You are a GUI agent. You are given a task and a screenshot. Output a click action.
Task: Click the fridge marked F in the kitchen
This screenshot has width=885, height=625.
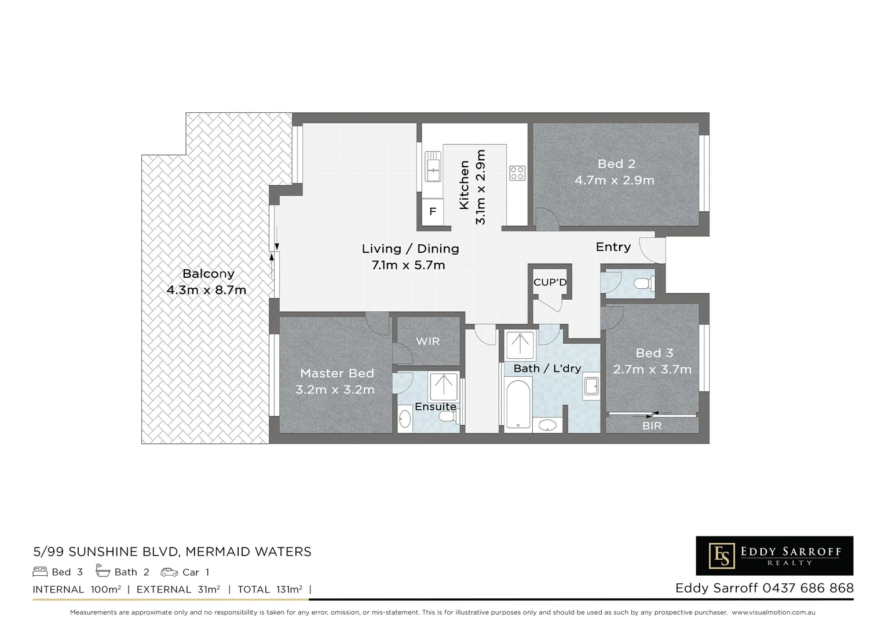tap(433, 212)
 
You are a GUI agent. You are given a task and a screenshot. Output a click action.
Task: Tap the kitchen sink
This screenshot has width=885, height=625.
tap(433, 167)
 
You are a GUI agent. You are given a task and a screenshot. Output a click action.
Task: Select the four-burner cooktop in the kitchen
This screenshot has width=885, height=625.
tap(517, 172)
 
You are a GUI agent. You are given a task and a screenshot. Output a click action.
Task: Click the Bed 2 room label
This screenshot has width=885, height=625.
tap(616, 164)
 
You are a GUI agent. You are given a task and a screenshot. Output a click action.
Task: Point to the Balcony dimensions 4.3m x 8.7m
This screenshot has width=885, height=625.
tap(206, 290)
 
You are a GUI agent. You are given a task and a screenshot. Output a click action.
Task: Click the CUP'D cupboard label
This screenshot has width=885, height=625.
tap(550, 282)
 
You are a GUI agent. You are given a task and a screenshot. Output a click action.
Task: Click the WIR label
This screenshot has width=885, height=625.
tap(427, 341)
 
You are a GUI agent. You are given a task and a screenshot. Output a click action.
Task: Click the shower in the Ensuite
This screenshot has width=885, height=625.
tap(444, 386)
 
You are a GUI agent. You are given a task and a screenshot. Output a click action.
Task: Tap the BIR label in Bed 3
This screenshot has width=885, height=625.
tap(652, 426)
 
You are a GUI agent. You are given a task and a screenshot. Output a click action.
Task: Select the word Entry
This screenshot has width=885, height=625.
tap(613, 247)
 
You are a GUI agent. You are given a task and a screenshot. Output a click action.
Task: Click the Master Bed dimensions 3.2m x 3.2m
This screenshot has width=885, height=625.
tap(335, 390)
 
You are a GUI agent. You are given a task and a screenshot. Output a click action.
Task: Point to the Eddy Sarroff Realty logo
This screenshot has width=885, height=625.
tap(774, 556)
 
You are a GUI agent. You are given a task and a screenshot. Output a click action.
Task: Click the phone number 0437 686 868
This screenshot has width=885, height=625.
tap(808, 588)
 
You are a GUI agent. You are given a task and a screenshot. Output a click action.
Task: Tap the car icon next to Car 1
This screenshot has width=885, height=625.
tap(169, 572)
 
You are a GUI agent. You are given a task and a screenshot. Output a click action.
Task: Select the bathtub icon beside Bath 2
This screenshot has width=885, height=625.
tap(103, 571)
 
